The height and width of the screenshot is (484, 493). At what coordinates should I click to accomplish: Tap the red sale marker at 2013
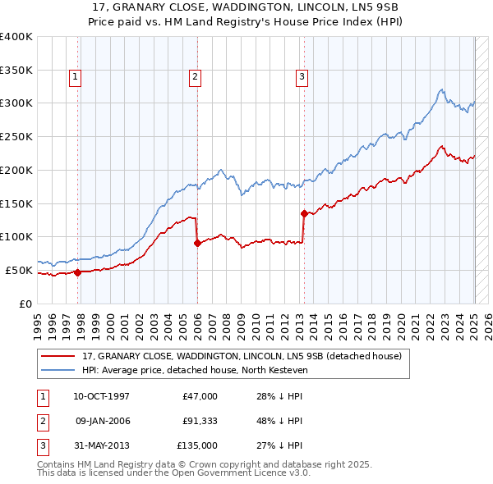tap(304, 213)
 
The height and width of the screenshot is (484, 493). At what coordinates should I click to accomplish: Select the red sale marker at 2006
tap(198, 242)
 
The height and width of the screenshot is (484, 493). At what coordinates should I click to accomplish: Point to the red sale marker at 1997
tap(77, 272)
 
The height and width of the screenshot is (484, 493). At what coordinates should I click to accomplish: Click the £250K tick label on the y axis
tap(16, 136)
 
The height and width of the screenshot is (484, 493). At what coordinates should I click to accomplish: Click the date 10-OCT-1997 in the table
tap(102, 396)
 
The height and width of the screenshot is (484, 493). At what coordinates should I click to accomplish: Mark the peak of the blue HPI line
tap(442, 89)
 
